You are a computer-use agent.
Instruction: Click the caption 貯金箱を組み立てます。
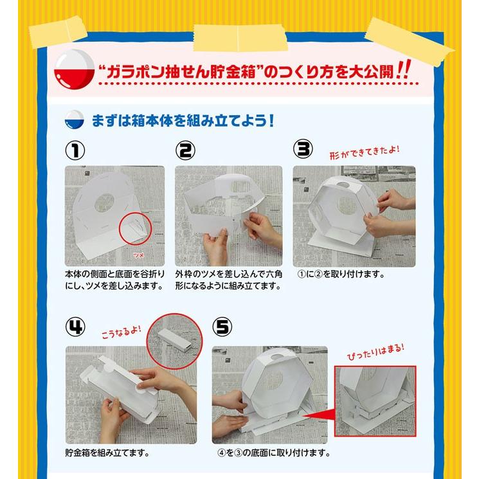pos(107,452)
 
